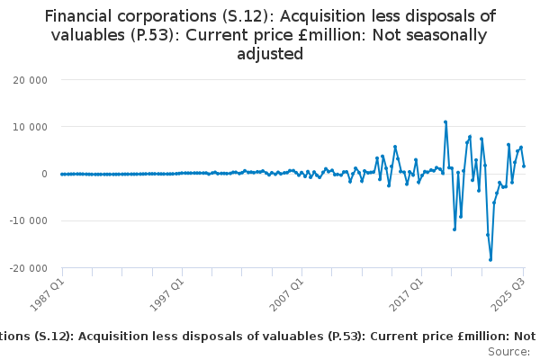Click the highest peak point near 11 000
(445, 122)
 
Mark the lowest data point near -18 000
(490, 259)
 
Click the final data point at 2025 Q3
(524, 166)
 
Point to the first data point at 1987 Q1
(62, 174)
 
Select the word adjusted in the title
(269, 54)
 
